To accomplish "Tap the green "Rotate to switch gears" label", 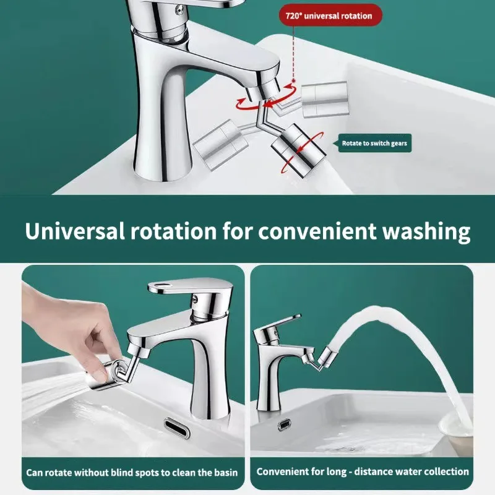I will pos(374,144).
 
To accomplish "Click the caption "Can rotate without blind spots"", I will pos(132,472).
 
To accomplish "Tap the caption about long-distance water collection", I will pos(363,471).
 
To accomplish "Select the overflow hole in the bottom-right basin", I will pos(285,424).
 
